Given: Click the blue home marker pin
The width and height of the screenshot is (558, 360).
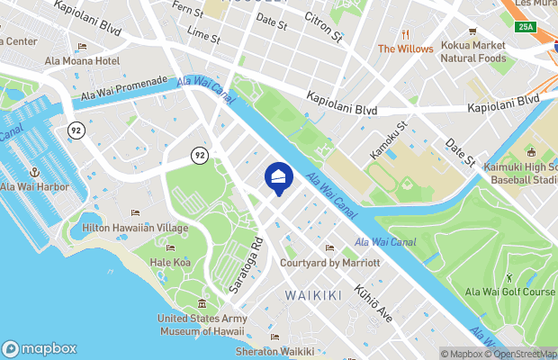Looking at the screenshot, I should (279, 178).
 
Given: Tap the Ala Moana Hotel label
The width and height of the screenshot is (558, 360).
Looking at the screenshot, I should (82, 61).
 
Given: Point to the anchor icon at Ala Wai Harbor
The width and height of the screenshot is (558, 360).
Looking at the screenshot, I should (34, 172).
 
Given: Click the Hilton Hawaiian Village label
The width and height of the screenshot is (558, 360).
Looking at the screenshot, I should (135, 228).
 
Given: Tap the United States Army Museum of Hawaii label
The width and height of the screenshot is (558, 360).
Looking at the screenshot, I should (202, 324).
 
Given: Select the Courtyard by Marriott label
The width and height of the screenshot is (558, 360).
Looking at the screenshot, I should (329, 262).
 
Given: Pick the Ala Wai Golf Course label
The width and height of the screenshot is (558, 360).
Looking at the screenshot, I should (509, 291).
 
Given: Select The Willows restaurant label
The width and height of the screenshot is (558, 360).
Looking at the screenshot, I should (405, 49).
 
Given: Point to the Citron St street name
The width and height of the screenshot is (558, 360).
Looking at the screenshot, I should (324, 28).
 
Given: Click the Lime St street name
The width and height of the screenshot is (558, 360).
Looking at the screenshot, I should (203, 35).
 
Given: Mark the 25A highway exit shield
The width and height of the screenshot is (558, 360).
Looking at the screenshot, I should (527, 27).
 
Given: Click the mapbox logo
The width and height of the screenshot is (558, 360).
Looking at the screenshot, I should (40, 349).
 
